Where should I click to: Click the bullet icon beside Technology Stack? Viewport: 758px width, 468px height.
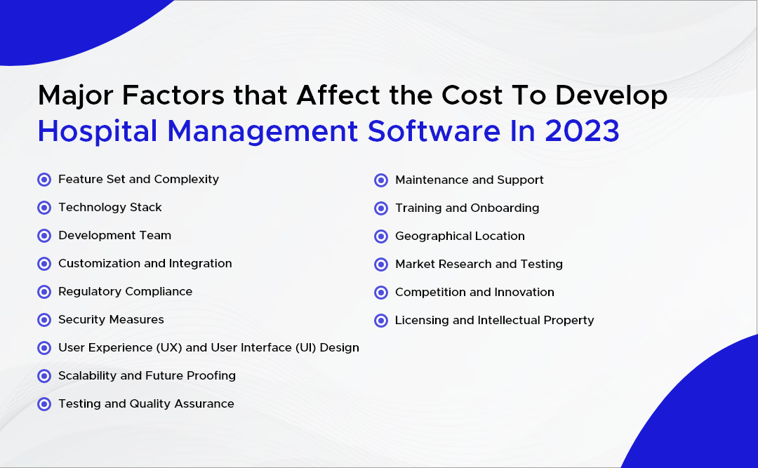[x=44, y=208]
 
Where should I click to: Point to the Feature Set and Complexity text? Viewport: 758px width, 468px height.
[x=138, y=180]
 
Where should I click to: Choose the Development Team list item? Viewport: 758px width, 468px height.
[x=114, y=236]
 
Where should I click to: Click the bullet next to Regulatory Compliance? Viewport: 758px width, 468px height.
[x=44, y=292]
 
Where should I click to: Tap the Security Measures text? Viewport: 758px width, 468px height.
[x=111, y=320]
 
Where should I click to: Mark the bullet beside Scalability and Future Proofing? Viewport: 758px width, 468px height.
[x=44, y=376]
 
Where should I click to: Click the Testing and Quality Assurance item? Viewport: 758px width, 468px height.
[x=146, y=404]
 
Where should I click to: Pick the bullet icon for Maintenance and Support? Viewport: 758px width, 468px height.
[x=381, y=180]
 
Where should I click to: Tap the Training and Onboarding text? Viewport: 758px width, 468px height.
[x=467, y=208]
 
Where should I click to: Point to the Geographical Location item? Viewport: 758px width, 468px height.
[x=460, y=236]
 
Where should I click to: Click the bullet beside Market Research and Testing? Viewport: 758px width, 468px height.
[x=381, y=265]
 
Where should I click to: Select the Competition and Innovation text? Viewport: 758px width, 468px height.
[x=474, y=293]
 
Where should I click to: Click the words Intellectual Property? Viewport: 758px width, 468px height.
[x=536, y=321]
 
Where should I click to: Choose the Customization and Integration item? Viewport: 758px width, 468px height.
[x=145, y=264]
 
